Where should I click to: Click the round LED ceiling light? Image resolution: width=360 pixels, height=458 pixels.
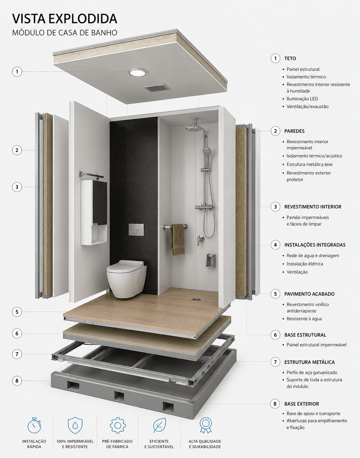click(138, 72)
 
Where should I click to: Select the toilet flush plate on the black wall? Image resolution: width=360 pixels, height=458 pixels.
click(136, 229)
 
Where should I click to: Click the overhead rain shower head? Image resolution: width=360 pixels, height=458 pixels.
click(193, 129)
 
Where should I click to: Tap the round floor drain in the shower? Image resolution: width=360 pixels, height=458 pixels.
click(196, 299)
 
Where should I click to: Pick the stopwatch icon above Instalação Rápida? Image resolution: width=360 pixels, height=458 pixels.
click(34, 425)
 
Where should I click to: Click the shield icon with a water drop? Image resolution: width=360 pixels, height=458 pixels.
click(75, 425)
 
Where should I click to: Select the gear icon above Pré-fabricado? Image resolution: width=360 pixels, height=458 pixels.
click(118, 425)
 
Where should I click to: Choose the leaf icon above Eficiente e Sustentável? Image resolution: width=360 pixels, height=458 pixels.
click(159, 425)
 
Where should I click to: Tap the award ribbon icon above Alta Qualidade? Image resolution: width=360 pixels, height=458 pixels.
click(206, 425)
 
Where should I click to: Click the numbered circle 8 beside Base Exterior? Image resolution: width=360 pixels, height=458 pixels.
click(275, 404)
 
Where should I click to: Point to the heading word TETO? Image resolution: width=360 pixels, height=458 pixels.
click(290, 59)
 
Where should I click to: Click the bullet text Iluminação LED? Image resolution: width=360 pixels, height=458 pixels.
click(302, 99)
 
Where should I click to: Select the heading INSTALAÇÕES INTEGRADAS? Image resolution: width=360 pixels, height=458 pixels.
click(315, 245)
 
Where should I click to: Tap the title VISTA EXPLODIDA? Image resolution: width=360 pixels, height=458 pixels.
click(64, 19)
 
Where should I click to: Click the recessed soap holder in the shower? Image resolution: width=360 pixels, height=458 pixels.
click(210, 261)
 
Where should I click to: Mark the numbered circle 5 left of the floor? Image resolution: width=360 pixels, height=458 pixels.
click(17, 312)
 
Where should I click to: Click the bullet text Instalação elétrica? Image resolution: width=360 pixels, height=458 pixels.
click(305, 264)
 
